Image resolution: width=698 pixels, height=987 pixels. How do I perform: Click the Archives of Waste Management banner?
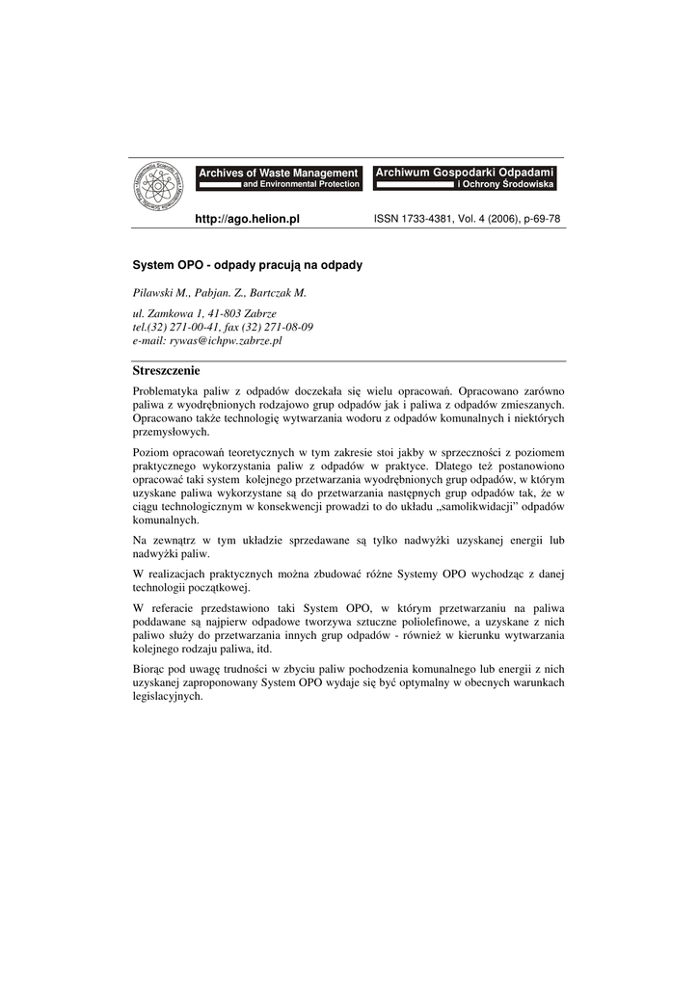coord(279,177)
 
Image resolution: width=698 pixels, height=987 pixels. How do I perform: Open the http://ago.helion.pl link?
coord(248,220)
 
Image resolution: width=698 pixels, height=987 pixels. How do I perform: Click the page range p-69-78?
coord(540,220)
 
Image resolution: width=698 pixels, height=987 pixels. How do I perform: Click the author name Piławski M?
coord(161,293)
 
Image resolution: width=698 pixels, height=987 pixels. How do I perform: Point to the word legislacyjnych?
coord(168,696)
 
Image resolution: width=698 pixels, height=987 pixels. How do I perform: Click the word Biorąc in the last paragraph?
coord(148,668)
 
